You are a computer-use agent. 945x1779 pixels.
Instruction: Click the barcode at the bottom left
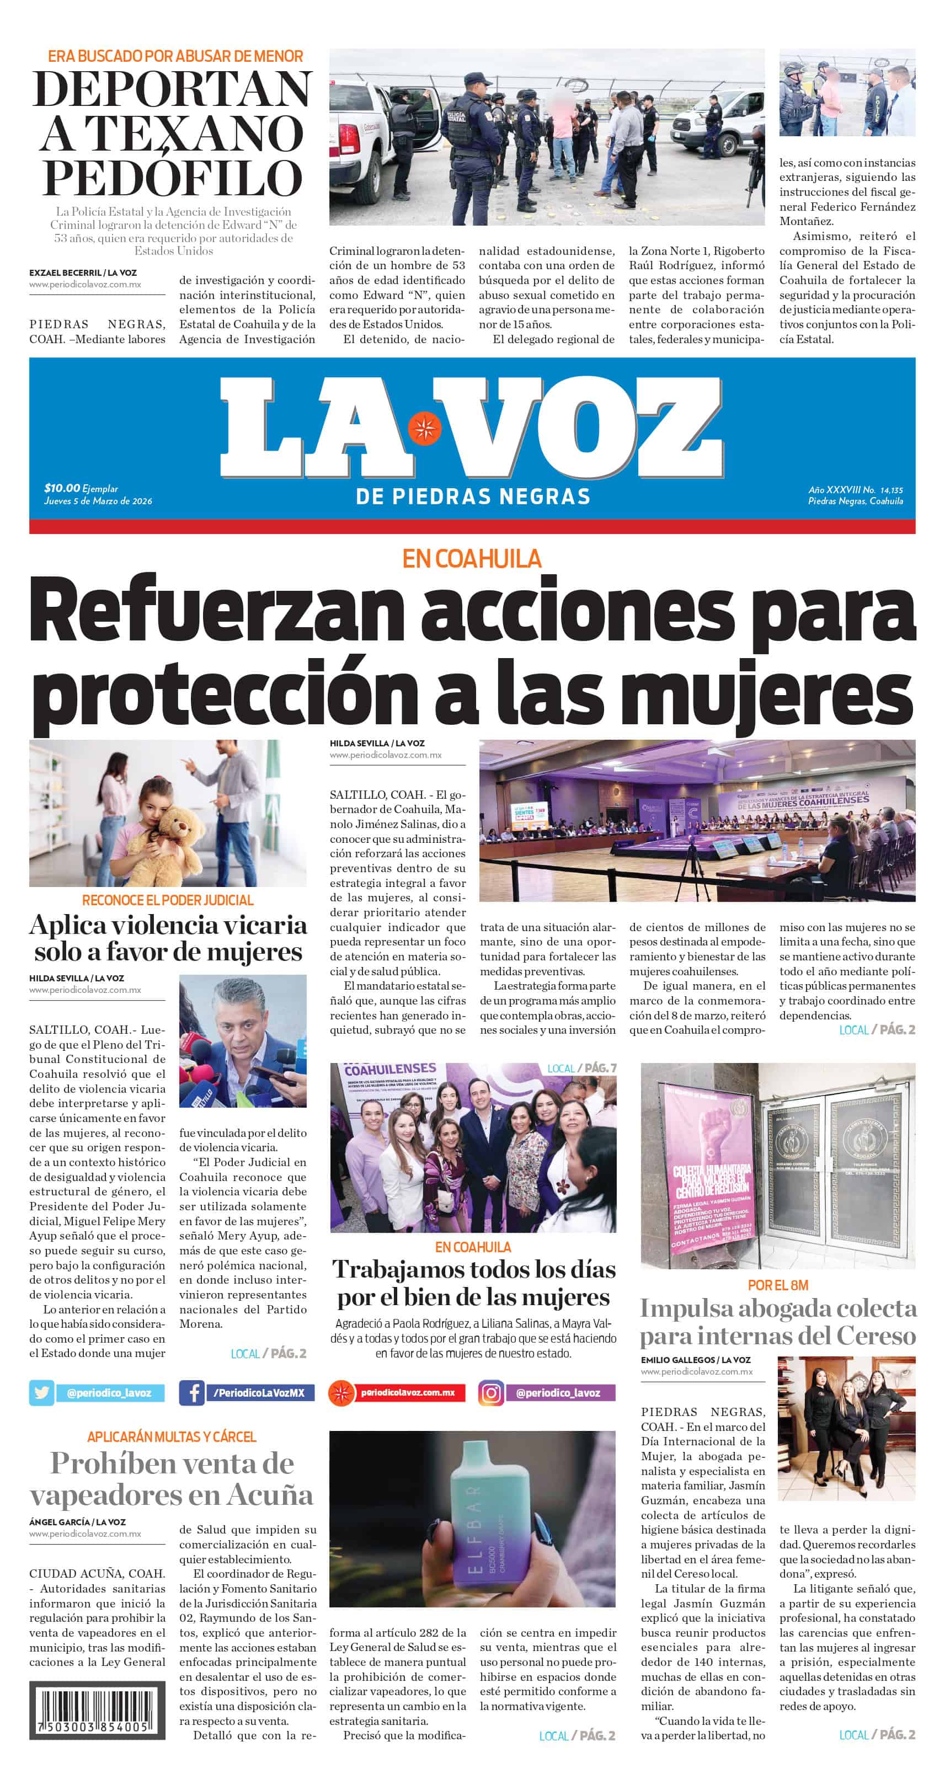(x=97, y=1709)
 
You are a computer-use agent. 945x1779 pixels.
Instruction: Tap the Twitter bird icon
(x=41, y=1393)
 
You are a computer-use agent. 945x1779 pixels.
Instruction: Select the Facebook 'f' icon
(x=191, y=1393)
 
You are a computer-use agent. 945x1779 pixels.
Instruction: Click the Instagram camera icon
(x=490, y=1393)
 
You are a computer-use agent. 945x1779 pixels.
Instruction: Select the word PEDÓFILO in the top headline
(x=173, y=179)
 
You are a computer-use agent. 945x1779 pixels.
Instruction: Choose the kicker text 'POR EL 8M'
(x=778, y=1285)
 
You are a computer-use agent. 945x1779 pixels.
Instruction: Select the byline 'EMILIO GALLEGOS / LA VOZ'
(x=695, y=1360)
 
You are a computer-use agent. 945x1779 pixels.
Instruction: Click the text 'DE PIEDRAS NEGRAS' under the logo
(x=472, y=496)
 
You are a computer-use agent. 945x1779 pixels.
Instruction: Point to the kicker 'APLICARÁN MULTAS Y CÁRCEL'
(x=172, y=1436)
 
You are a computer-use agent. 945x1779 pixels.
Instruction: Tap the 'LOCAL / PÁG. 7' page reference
(x=581, y=1069)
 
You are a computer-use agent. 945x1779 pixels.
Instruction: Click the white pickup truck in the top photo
(x=376, y=148)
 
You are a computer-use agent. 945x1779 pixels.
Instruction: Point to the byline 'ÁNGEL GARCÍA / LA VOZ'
(x=77, y=1521)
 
